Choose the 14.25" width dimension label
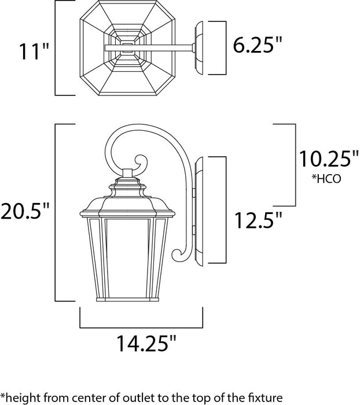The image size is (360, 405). point(141,345)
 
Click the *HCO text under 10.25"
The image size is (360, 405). point(325,179)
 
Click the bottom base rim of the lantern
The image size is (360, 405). point(128,300)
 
